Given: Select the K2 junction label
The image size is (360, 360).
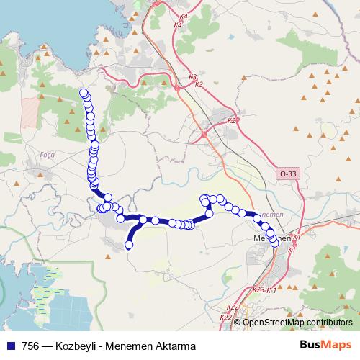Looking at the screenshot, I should pyautogui.click(x=231, y=120).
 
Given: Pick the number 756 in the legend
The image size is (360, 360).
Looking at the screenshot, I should pyautogui.click(x=31, y=346).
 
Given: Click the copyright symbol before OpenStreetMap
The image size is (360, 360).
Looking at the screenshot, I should pyautogui.click(x=238, y=322).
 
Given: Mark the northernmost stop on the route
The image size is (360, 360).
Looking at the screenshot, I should pyautogui.click(x=84, y=93).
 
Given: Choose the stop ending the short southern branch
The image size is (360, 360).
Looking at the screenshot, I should pyautogui.click(x=130, y=246).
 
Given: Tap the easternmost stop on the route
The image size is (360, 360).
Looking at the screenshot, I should pyautogui.click(x=274, y=243).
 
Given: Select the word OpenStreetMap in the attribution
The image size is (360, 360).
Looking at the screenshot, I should pyautogui.click(x=269, y=322).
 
